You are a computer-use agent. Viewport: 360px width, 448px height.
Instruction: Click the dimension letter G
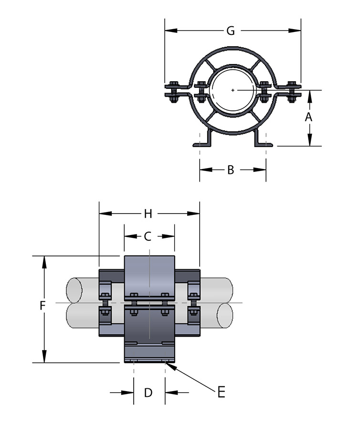231,31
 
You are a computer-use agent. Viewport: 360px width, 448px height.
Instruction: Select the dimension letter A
308,117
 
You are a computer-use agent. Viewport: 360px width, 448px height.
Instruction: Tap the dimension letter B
231,170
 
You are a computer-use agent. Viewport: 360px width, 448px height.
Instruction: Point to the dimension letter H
148,213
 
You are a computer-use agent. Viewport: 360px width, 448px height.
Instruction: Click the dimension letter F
42,306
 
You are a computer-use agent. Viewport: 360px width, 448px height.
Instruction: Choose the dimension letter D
148,393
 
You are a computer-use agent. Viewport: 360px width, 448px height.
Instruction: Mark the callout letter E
221,392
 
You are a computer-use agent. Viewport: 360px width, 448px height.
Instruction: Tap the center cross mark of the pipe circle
233,90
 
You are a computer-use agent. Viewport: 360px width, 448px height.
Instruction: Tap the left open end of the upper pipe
73,290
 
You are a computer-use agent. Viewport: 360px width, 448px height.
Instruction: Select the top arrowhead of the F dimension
44,260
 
